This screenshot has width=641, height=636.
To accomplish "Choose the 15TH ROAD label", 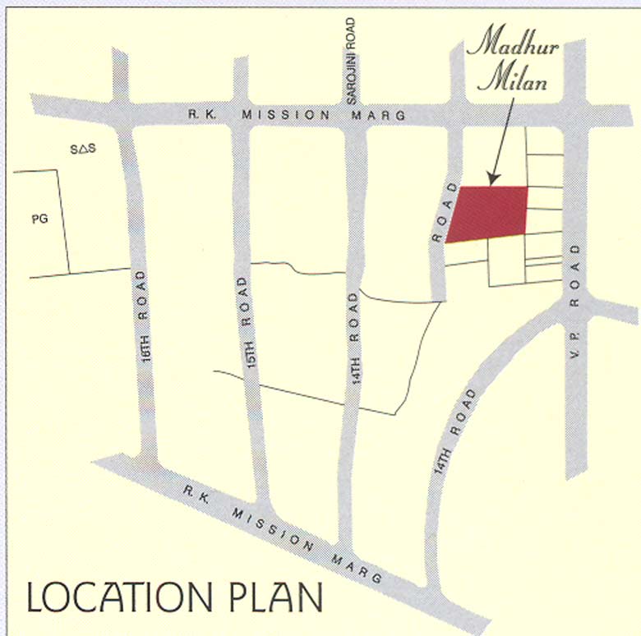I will (244, 321).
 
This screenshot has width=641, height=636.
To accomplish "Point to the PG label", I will (39, 219).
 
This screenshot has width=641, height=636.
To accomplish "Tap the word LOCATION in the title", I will (122, 598).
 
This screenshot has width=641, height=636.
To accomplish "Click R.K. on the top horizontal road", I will (201, 116).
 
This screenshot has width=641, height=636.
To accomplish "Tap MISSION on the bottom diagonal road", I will (267, 527).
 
